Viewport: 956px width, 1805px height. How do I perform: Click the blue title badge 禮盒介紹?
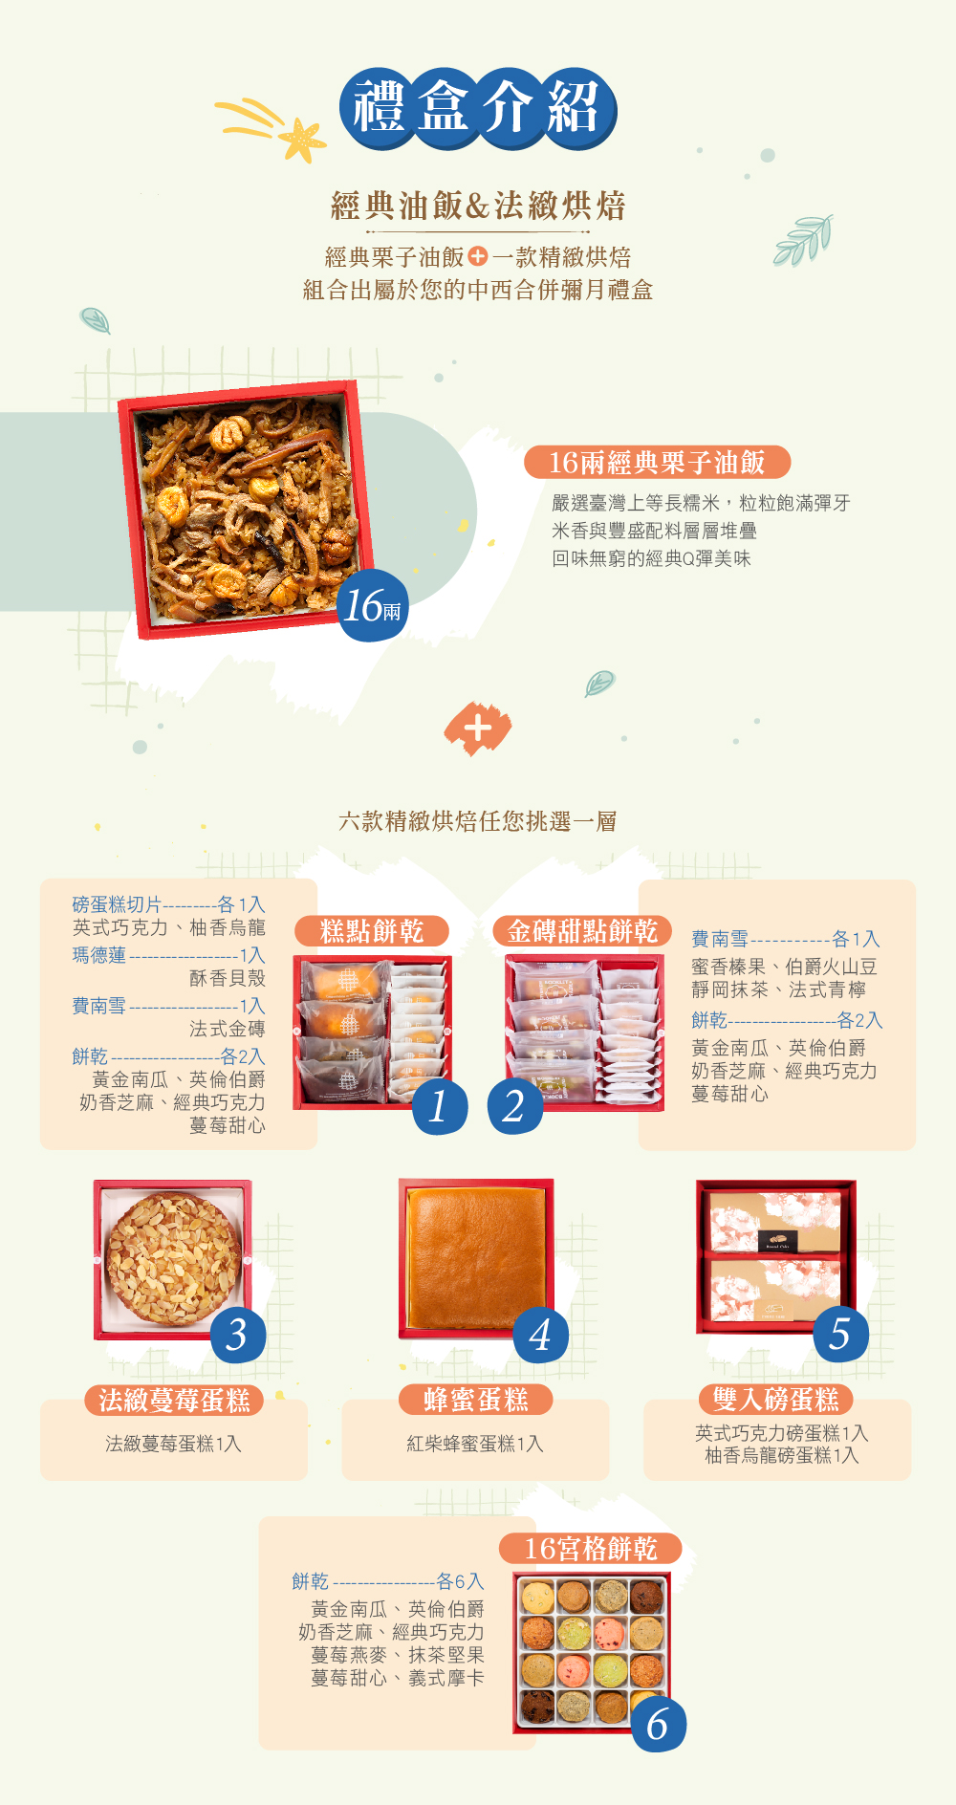[477, 108]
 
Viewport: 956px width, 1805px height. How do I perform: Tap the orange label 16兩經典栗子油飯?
[657, 463]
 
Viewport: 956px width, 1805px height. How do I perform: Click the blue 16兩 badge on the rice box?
[373, 606]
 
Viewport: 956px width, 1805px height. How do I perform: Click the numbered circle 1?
[440, 1107]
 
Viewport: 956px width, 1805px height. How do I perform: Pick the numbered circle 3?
[237, 1335]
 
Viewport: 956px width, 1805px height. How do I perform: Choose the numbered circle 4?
[540, 1335]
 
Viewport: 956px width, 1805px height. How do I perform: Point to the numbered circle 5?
[840, 1335]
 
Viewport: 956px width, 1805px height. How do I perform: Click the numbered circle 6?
[658, 1725]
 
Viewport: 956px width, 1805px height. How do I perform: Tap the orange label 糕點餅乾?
[372, 931]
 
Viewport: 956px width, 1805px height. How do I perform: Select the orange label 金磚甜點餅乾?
[582, 931]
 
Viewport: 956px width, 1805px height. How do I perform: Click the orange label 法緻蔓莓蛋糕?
[174, 1401]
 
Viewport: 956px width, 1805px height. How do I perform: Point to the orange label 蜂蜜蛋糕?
[476, 1401]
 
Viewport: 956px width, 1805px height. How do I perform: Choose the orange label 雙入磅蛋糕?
[775, 1401]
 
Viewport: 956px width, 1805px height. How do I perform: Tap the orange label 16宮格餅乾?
[591, 1549]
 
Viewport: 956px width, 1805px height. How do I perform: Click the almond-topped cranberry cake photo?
[172, 1257]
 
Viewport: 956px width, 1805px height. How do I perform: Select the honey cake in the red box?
[475, 1255]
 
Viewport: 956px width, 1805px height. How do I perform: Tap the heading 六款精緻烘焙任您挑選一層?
[477, 821]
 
